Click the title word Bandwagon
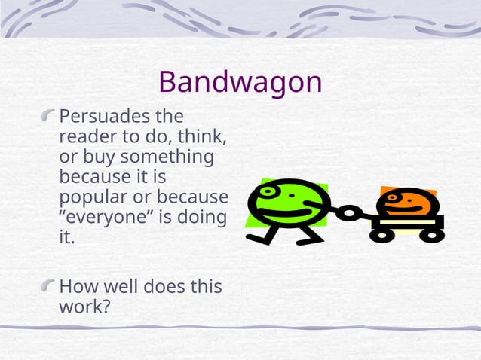(x=240, y=82)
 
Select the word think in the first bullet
(x=207, y=138)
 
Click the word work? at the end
(x=84, y=307)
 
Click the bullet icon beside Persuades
(x=49, y=116)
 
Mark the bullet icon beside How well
(x=49, y=285)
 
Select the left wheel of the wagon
(x=381, y=235)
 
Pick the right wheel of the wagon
(x=430, y=235)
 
